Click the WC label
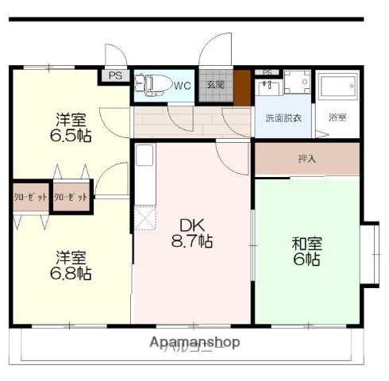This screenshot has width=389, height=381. tap(183, 85)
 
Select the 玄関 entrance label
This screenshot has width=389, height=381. tap(215, 85)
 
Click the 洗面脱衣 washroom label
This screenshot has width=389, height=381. tap(283, 118)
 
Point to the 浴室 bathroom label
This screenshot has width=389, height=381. tap(337, 118)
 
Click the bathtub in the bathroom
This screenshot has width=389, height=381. tap(337, 88)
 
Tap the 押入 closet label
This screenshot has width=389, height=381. tap(306, 159)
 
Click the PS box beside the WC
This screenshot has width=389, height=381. tap(116, 77)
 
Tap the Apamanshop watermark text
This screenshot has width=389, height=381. tap(194, 343)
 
